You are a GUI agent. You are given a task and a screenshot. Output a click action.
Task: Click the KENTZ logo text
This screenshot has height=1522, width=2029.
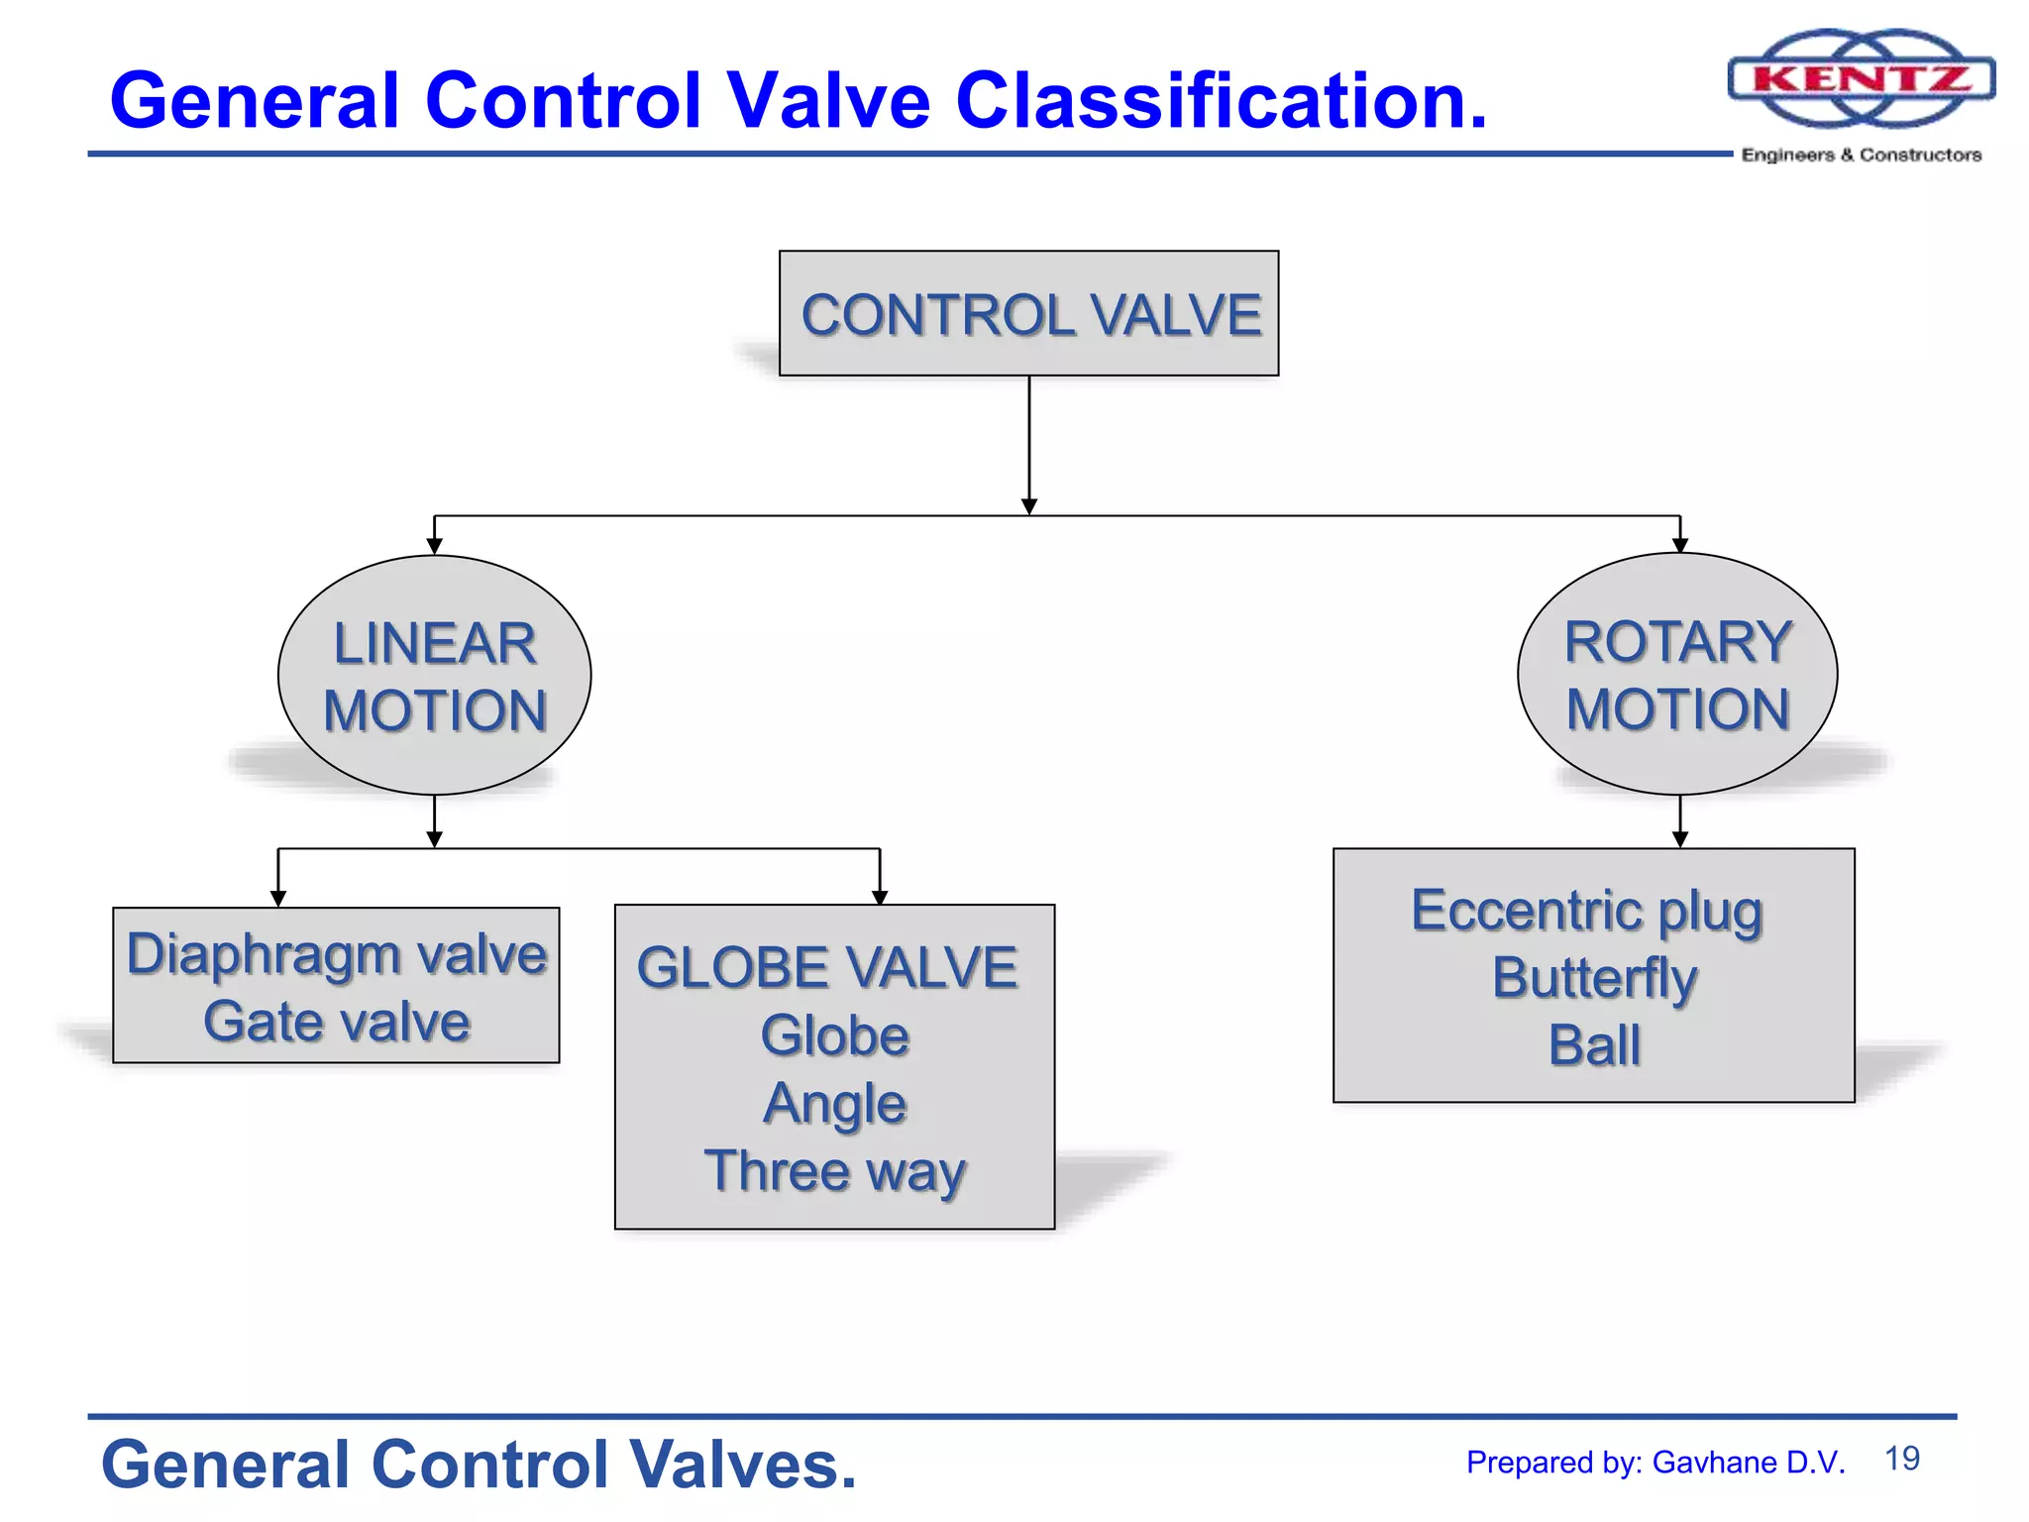[1861, 78]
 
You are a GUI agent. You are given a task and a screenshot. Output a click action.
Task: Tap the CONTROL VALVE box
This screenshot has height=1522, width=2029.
[1028, 313]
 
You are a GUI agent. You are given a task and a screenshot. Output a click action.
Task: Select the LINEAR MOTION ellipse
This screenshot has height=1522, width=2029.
[434, 676]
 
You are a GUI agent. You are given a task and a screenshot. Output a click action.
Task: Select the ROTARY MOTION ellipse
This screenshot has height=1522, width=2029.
[1677, 674]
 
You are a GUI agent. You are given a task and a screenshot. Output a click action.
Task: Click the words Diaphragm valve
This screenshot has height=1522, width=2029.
[336, 953]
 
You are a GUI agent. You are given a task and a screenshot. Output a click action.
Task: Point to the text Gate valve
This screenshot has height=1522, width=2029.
[336, 1022]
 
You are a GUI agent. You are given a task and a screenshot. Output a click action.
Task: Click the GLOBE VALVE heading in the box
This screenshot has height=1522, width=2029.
[827, 967]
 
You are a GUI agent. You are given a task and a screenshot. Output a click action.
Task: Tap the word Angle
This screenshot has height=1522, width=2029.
[834, 1103]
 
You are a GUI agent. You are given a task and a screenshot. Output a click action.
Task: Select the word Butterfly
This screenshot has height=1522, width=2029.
[1593, 978]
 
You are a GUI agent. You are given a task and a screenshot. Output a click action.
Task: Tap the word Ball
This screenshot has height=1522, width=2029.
[1593, 1045]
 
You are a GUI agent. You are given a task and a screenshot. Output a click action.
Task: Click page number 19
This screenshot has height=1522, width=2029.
[1901, 1459]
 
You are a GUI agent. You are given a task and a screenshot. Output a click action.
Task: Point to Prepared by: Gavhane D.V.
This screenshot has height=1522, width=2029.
[1655, 1463]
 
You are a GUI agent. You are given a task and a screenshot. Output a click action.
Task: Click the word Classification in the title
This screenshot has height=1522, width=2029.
[1221, 100]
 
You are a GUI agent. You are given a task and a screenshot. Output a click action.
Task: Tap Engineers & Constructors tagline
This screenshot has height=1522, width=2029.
[1861, 155]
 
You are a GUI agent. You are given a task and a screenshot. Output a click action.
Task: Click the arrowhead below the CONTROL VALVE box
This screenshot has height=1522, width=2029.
[1028, 506]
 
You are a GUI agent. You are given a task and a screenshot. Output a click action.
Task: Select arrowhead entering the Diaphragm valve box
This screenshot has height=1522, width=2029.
[278, 898]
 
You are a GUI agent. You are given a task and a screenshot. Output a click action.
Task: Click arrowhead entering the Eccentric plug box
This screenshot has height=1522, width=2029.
[1679, 839]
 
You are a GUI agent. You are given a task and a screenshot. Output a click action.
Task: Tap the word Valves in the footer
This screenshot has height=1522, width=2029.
[742, 1465]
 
